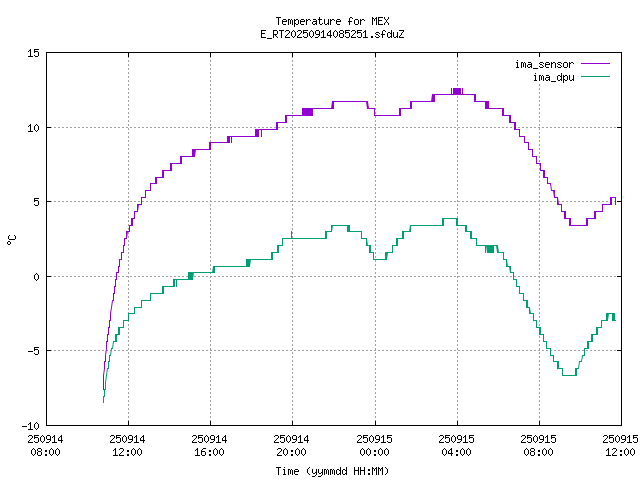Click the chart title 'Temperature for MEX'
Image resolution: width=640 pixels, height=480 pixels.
tap(332, 21)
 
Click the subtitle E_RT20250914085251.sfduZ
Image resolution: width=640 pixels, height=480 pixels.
tap(332, 34)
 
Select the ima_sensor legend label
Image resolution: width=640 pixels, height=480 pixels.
tap(544, 64)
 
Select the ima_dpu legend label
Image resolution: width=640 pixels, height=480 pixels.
tap(552, 76)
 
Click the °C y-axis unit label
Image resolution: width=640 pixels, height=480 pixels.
tap(12, 239)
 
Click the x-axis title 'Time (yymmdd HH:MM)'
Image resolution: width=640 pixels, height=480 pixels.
tap(332, 470)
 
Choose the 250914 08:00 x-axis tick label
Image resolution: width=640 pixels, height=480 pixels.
tap(46, 445)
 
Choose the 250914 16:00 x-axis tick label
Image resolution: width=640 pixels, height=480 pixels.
tap(210, 445)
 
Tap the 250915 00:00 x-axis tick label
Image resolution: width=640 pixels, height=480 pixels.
tap(374, 445)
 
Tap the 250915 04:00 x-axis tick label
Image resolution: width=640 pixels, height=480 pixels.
tap(456, 445)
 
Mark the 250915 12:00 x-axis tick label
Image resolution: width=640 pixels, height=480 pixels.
tap(620, 445)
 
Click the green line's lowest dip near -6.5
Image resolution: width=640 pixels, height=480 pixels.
tap(568, 374)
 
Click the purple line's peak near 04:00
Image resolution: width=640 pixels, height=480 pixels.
tap(457, 91)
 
